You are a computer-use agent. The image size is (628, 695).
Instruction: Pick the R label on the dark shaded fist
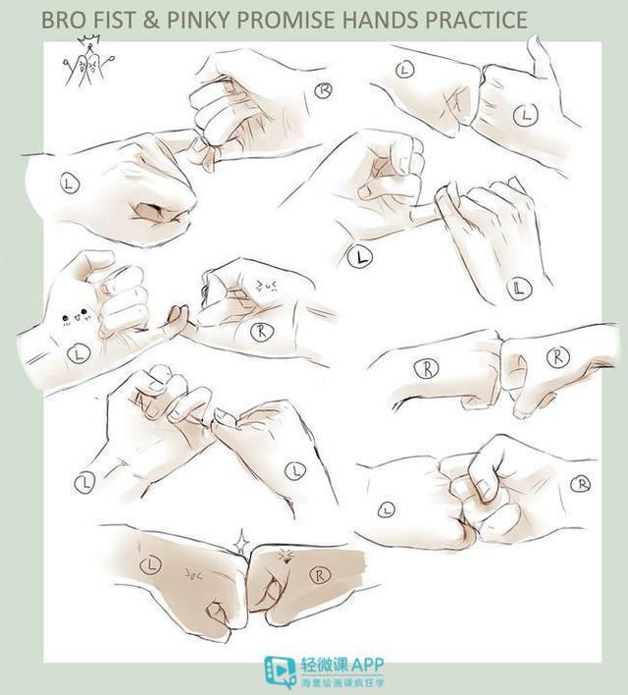pos(323,572)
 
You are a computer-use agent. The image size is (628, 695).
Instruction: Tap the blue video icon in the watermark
pos(279,671)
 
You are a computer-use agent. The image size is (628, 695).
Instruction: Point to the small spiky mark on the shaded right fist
pos(286,556)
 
